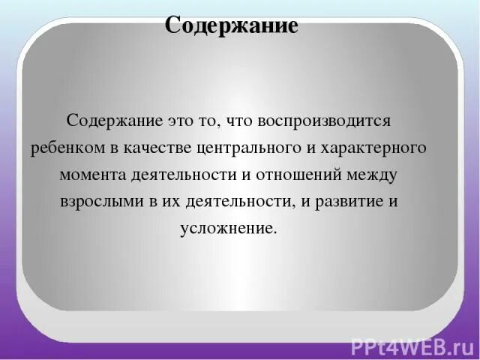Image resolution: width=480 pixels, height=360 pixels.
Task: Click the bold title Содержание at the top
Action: [x=232, y=25]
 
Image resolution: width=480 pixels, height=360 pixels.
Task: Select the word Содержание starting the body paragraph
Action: [x=103, y=120]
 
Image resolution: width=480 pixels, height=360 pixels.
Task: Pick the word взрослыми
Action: [x=94, y=202]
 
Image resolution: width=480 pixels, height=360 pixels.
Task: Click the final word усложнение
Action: [x=229, y=229]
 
